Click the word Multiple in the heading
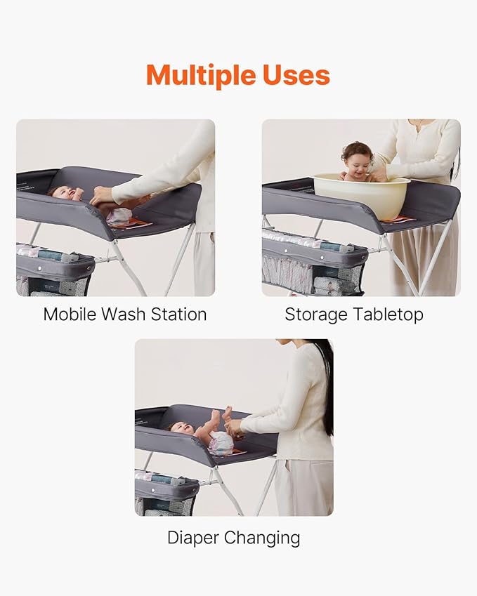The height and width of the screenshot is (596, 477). pyautogui.click(x=200, y=75)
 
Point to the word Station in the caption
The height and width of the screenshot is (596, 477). pyautogui.click(x=178, y=314)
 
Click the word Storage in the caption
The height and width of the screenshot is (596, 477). pyautogui.click(x=316, y=315)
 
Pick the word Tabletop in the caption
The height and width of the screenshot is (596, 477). pyautogui.click(x=388, y=315)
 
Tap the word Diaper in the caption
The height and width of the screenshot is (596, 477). pyautogui.click(x=193, y=538)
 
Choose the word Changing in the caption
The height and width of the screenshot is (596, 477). pyautogui.click(x=262, y=538)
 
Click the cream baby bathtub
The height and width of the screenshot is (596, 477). pyautogui.click(x=361, y=195)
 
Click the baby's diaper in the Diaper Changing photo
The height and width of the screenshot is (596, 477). pyautogui.click(x=221, y=442)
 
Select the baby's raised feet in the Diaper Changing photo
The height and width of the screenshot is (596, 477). pyautogui.click(x=222, y=413)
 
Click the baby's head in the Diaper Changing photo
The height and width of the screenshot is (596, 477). pyautogui.click(x=180, y=428)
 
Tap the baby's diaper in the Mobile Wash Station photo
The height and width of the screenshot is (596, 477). pyautogui.click(x=119, y=217)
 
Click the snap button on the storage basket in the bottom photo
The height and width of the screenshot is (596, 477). pyautogui.click(x=153, y=490)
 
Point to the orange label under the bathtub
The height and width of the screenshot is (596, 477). pyautogui.click(x=396, y=219)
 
